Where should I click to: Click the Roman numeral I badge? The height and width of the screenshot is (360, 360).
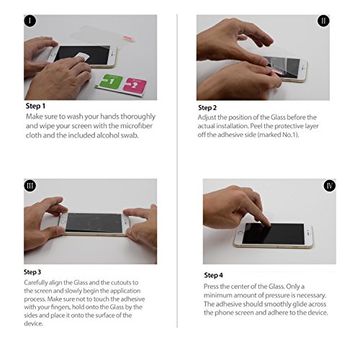tap(30, 21)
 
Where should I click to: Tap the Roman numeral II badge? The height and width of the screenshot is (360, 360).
tap(323, 21)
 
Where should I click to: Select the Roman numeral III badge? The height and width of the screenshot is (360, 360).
tap(30, 186)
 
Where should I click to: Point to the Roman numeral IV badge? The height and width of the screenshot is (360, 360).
tap(330, 186)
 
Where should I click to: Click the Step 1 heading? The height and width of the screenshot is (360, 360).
tap(35, 106)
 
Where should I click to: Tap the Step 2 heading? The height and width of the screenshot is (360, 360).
tap(207, 108)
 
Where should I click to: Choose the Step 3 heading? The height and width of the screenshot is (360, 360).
tap(32, 272)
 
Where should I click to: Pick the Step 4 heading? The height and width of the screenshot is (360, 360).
tap(213, 275)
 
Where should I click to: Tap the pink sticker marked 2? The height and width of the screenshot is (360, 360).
tap(135, 85)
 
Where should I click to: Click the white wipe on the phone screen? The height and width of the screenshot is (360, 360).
tap(82, 58)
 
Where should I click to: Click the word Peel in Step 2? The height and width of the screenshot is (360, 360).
tap(256, 126)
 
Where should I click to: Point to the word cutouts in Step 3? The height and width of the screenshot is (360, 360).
tap(125, 282)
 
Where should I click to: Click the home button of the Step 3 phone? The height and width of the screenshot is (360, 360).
tap(63, 222)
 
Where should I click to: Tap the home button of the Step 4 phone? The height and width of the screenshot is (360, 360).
tap(240, 233)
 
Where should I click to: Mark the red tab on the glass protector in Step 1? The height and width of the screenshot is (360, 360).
tap(127, 37)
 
